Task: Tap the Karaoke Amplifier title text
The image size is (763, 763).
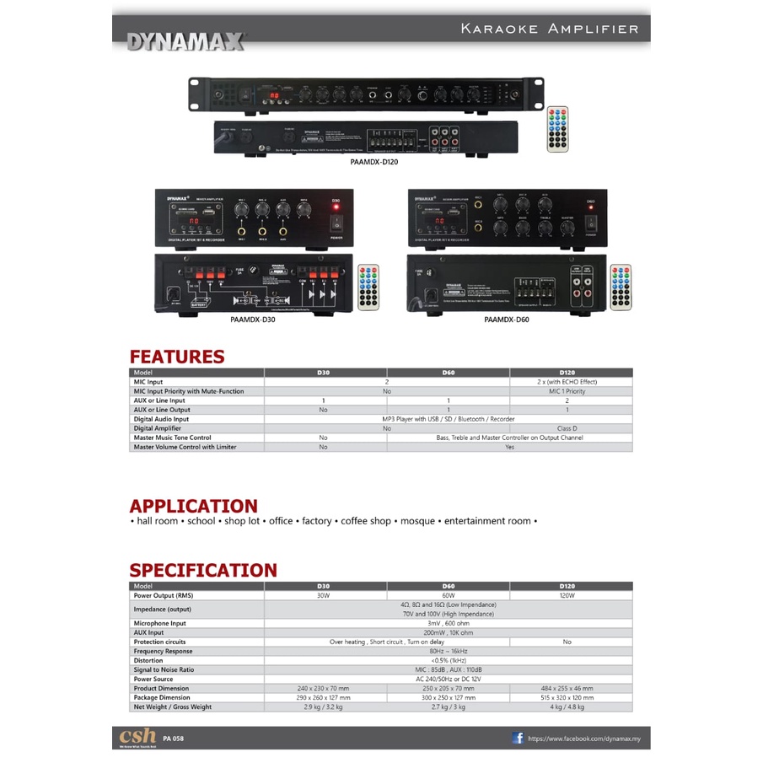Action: pos(550,29)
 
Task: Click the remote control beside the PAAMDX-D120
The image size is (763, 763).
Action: pos(558,129)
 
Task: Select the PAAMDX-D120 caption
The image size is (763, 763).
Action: pos(373,163)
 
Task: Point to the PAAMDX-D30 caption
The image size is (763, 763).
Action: pos(253,320)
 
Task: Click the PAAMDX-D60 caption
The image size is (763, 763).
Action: pos(507,320)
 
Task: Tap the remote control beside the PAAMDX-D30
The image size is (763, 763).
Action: pos(368,287)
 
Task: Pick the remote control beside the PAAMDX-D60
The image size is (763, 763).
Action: pos(621,287)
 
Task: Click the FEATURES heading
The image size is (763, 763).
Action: pos(177,357)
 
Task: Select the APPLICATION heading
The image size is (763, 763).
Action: pos(193,506)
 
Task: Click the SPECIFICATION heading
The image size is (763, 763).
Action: pos(203,570)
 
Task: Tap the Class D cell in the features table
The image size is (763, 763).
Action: pos(571,428)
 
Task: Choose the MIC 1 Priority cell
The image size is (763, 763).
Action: pos(571,391)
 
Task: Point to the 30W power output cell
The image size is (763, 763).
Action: pos(325,595)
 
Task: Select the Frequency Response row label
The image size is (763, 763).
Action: pos(163,651)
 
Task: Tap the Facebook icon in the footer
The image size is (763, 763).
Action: pos(519,738)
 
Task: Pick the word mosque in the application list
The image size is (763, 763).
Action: pos(417,521)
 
